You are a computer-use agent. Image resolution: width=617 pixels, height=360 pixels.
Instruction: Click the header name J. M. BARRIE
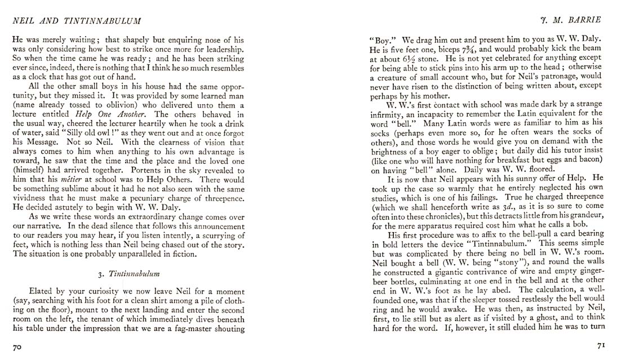pos(574,20)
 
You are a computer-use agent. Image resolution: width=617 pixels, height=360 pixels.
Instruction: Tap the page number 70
pos(17,348)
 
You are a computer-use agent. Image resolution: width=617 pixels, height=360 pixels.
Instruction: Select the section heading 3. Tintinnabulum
pos(127,274)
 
